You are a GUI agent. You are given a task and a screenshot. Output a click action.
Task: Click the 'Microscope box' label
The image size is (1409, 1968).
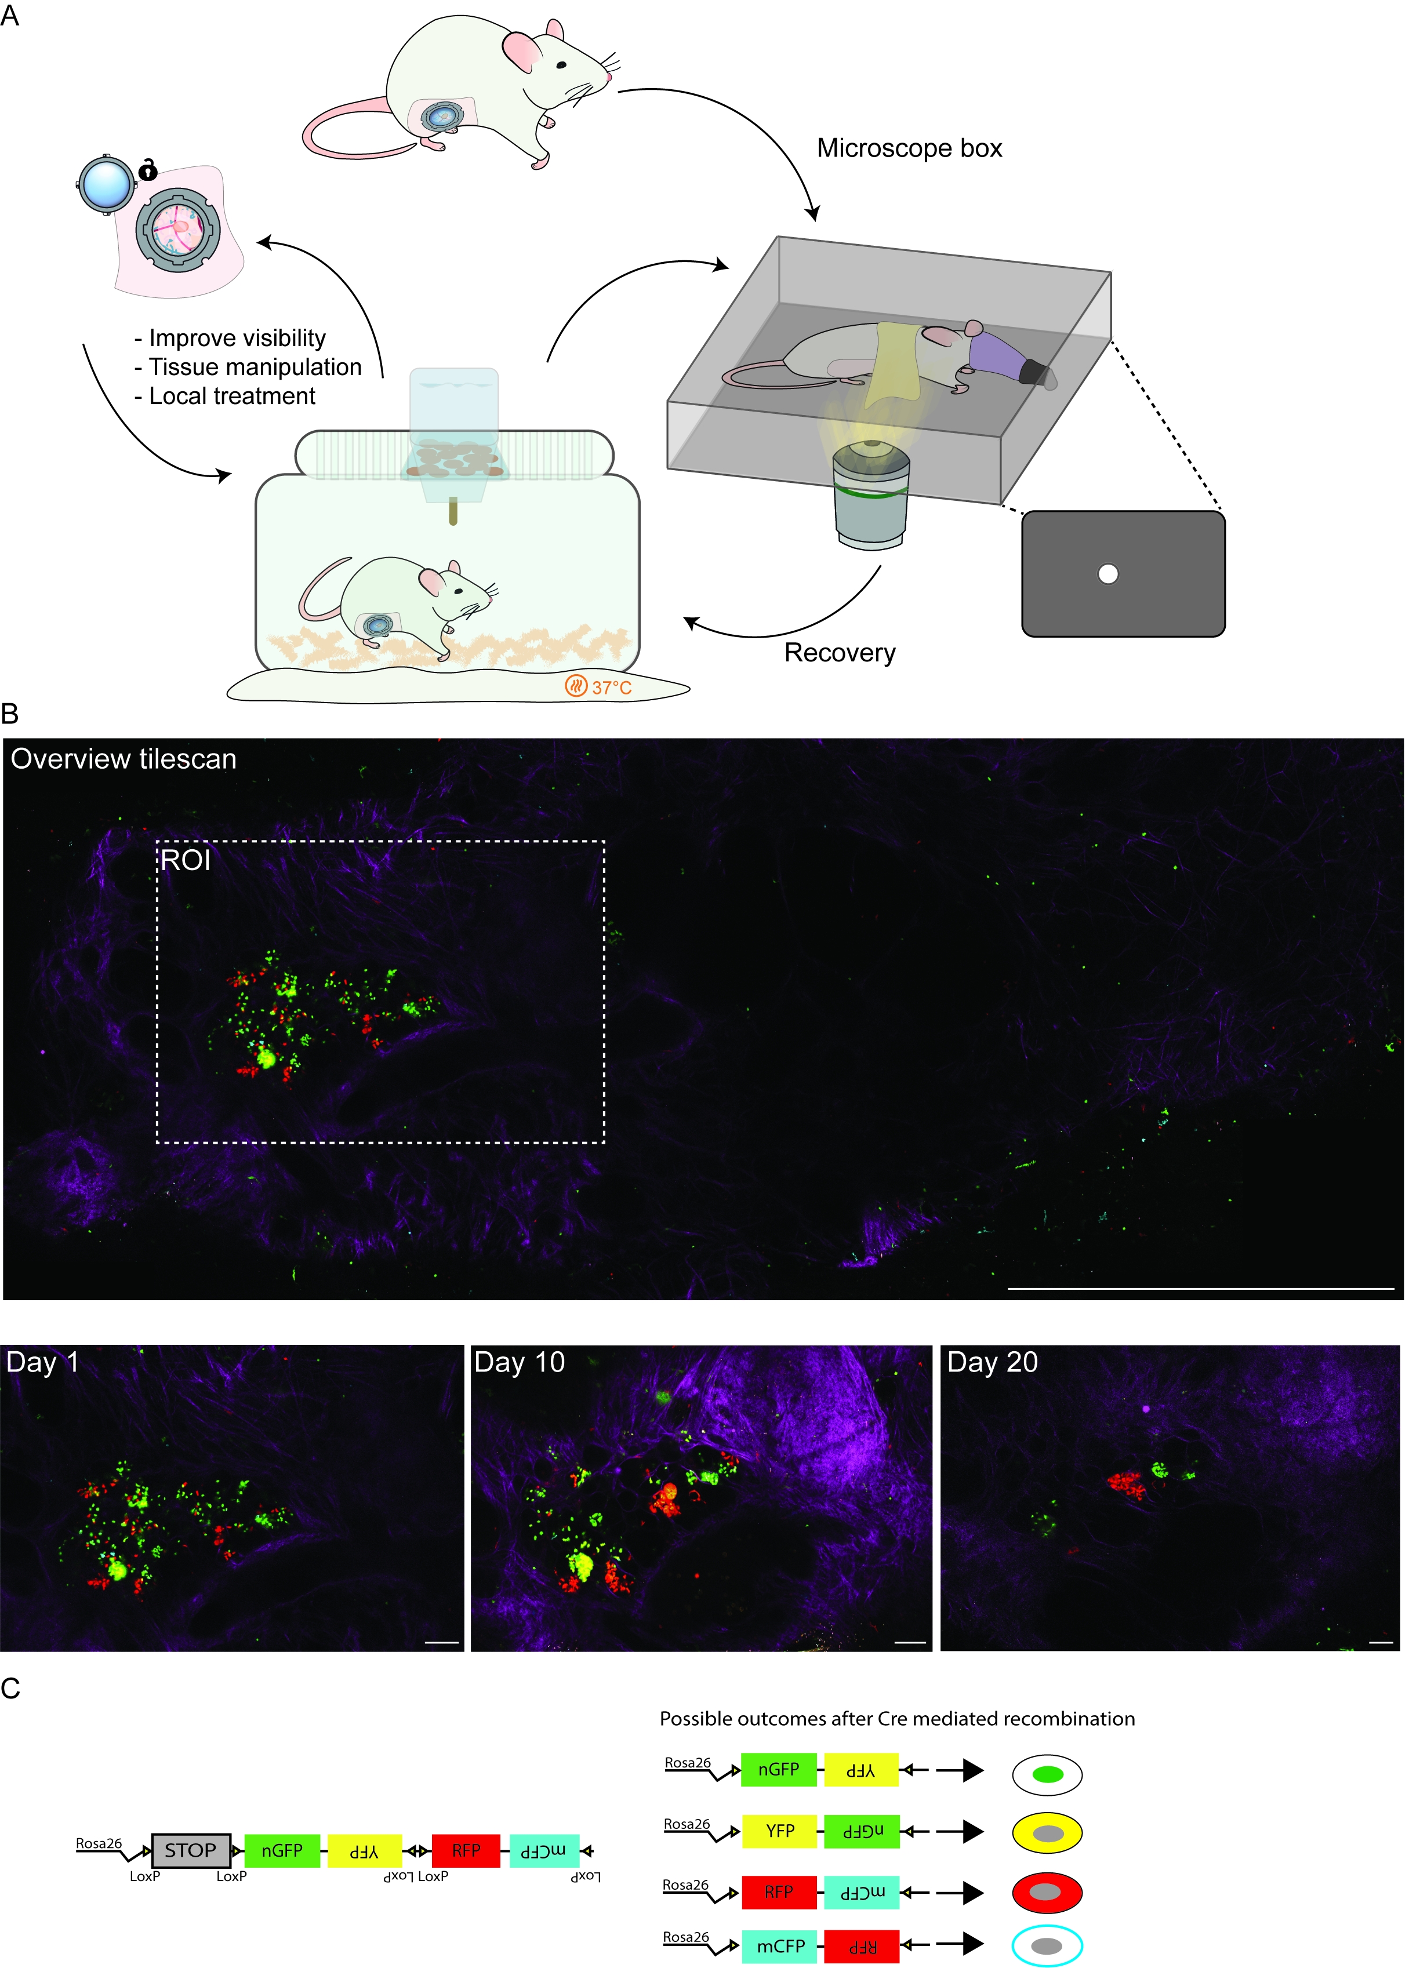[909, 148]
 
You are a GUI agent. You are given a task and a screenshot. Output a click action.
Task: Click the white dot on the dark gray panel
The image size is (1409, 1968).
[1108, 573]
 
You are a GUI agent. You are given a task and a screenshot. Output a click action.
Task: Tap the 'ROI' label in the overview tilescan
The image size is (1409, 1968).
[186, 860]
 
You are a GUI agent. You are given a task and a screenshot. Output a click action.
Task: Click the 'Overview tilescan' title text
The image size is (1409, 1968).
[123, 759]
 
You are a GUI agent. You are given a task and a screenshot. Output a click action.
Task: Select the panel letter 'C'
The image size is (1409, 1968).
[10, 1689]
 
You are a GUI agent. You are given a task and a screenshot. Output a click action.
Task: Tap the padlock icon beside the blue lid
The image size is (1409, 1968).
[148, 170]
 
